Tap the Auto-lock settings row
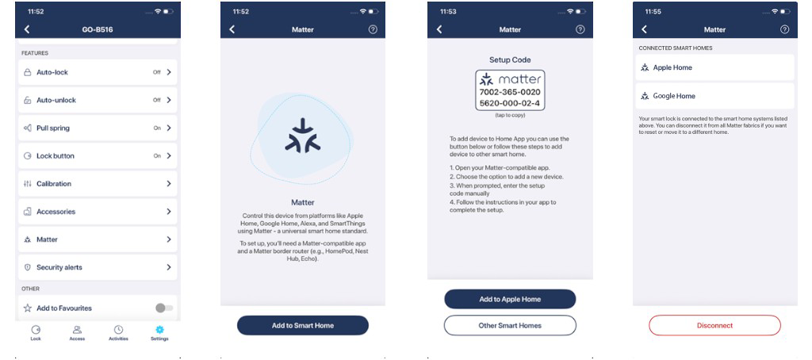pyautogui.click(x=98, y=72)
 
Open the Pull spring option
pyautogui.click(x=98, y=128)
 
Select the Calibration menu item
pyautogui.click(x=98, y=184)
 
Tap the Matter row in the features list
pyautogui.click(x=98, y=239)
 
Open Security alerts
pyautogui.click(x=98, y=267)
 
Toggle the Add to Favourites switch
pyautogui.click(x=164, y=308)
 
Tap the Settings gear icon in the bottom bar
pyautogui.click(x=159, y=329)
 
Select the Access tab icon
pyautogui.click(x=77, y=329)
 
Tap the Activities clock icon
pyautogui.click(x=119, y=329)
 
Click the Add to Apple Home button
pyautogui.click(x=510, y=299)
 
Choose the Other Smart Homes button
pyautogui.click(x=510, y=325)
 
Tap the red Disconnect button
pyautogui.click(x=714, y=325)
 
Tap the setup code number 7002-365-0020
pyautogui.click(x=510, y=92)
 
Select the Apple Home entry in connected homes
pyautogui.click(x=714, y=67)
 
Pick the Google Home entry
pyautogui.click(x=714, y=96)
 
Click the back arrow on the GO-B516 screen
pyautogui.click(x=27, y=29)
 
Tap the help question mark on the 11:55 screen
pyautogui.click(x=784, y=29)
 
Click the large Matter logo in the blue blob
pyautogui.click(x=303, y=136)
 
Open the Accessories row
pyautogui.click(x=98, y=212)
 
